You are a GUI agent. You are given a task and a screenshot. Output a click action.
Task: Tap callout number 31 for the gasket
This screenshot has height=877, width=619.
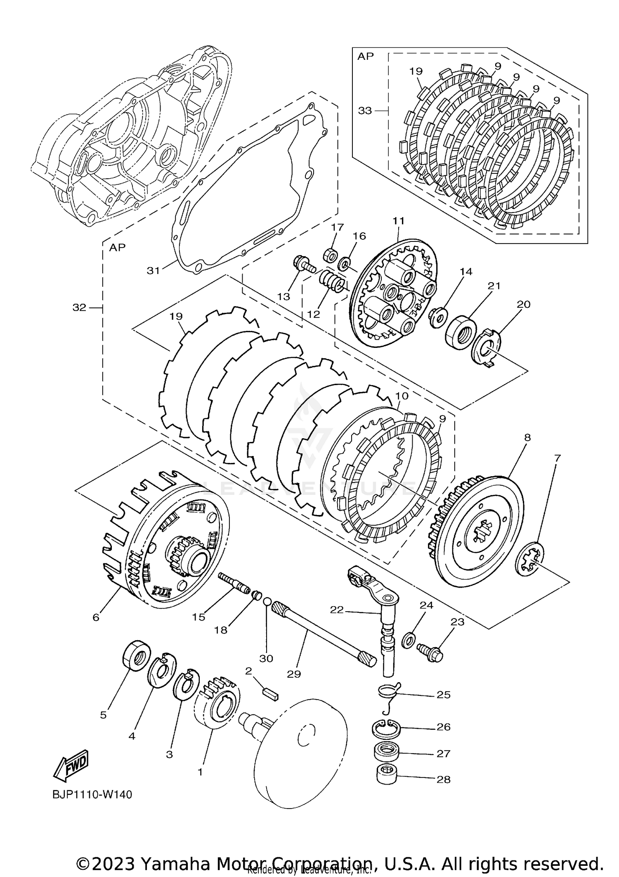[x=153, y=271]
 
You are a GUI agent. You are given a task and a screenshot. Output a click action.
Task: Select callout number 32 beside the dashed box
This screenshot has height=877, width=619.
[x=79, y=307]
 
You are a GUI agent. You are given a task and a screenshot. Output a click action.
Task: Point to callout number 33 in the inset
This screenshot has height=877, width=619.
[x=365, y=111]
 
